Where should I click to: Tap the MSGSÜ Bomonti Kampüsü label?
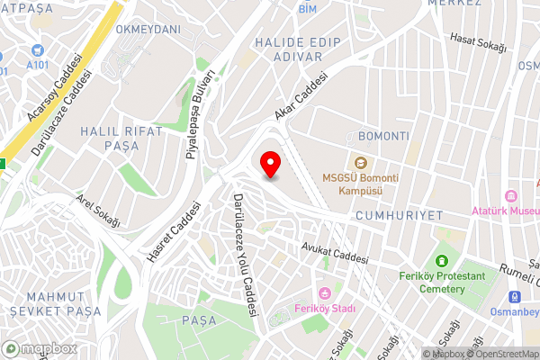pos(353,184)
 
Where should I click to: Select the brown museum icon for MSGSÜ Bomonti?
pos(360,163)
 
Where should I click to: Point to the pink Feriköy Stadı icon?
pos(324,292)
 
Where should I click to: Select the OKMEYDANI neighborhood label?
pos(148,29)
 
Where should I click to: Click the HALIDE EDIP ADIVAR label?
pos(288,49)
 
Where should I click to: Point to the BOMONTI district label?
pos(383,136)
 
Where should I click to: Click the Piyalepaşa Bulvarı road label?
pos(201,114)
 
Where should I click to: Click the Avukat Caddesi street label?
pos(335,250)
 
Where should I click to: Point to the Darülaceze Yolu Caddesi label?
pos(244,256)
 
